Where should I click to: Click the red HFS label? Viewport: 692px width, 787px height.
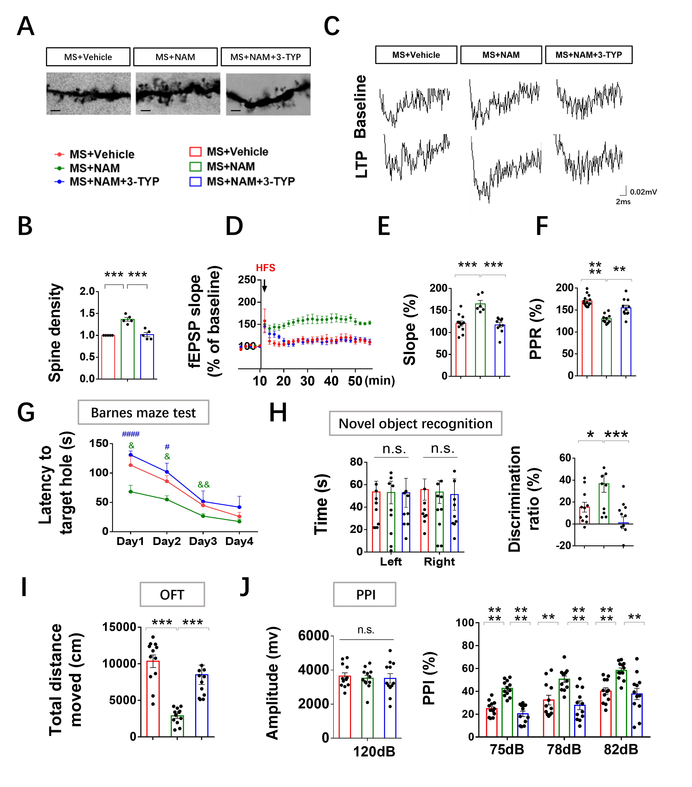click(265, 268)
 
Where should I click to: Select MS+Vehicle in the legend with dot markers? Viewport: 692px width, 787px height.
click(102, 154)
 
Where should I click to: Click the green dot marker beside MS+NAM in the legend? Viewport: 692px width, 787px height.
click(59, 168)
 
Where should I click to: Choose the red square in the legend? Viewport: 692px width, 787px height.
click(195, 152)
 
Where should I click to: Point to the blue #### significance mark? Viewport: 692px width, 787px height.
click(131, 434)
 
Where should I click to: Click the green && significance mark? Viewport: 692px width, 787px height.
click(204, 484)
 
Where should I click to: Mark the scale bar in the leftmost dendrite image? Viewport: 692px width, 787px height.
click(55, 111)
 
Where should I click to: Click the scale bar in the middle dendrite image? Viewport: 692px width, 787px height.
click(146, 111)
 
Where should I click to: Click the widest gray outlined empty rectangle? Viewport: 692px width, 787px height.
click(415, 423)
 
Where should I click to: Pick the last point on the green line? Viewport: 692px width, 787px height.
click(239, 521)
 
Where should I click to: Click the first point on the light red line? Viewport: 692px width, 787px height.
click(131, 465)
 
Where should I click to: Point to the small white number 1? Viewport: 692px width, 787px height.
click(367, 746)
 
